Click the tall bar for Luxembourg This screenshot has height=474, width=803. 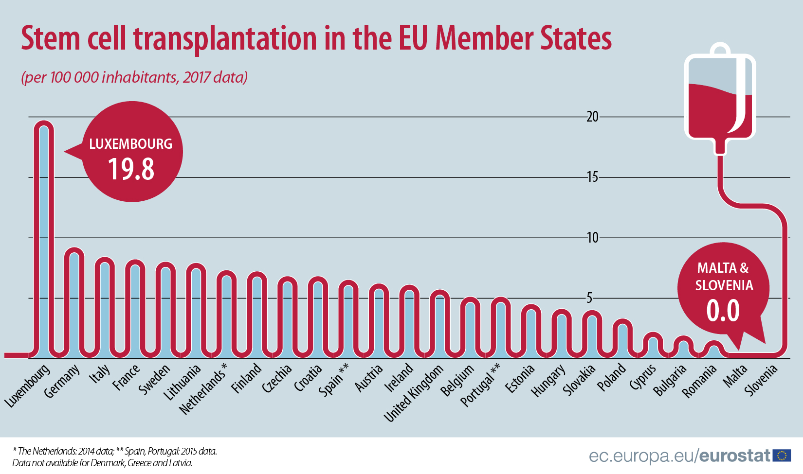44,238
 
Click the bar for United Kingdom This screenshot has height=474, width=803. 439,323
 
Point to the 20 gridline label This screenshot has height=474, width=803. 592,117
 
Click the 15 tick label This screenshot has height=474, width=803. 592,177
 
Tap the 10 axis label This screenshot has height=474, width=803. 592,237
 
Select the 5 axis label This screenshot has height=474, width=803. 589,298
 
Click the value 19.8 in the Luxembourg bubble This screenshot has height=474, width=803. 131,169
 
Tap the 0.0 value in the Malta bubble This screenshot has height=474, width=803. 723,311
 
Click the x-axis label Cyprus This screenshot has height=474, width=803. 643,377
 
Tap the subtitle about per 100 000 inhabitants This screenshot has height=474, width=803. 134,77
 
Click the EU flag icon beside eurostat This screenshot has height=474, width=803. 782,455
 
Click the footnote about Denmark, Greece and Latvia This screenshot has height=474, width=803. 102,463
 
